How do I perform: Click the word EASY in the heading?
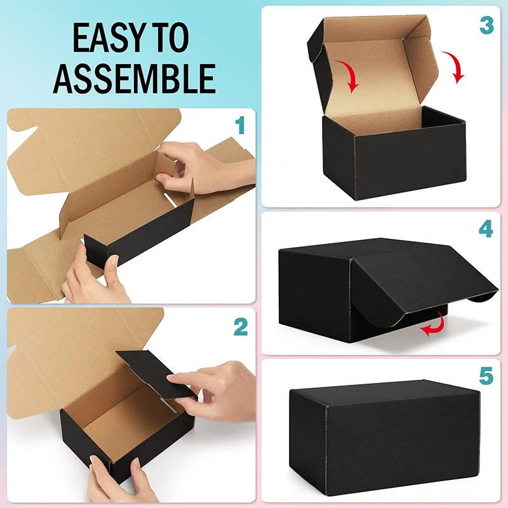click(x=107, y=37)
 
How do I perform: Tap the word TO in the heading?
click(x=170, y=37)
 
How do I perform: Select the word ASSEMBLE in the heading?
click(x=135, y=79)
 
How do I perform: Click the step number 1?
click(x=240, y=125)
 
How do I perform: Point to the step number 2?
click(x=241, y=327)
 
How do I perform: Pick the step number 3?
click(x=486, y=25)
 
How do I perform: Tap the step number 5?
click(x=486, y=376)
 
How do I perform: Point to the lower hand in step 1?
click(x=94, y=276)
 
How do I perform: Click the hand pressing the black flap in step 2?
click(x=211, y=392)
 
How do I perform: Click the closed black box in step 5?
click(x=385, y=438)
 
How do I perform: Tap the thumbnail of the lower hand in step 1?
click(x=114, y=260)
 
